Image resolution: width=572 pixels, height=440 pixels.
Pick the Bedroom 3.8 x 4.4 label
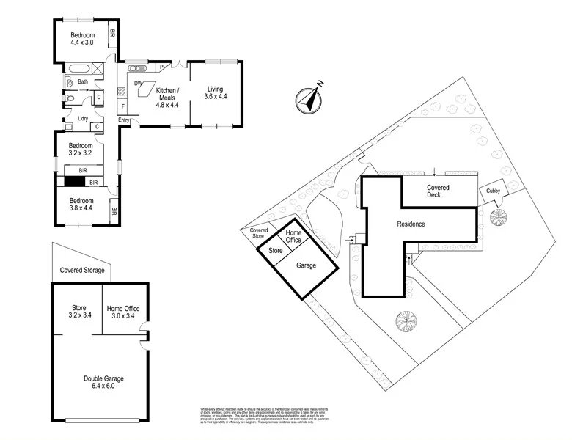(82, 205)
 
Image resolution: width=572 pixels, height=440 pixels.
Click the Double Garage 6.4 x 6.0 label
(103, 382)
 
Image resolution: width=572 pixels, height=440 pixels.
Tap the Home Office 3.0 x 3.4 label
(122, 312)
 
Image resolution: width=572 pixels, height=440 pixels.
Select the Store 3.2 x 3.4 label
(78, 312)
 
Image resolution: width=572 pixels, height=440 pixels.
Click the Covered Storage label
(81, 271)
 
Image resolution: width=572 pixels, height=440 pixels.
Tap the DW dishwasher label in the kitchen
(137, 84)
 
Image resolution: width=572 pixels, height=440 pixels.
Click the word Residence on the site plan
(411, 224)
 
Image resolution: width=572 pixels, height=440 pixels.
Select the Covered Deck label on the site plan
(443, 192)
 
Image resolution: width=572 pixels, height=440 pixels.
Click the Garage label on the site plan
(307, 265)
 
